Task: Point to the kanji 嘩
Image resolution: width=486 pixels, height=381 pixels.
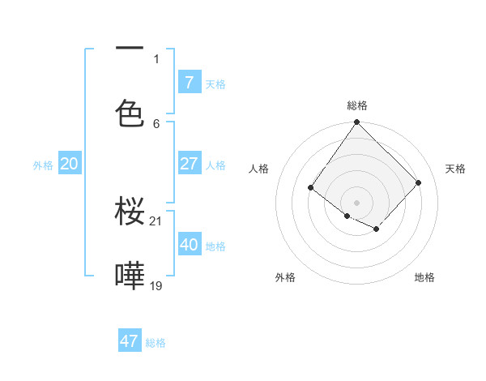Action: coord(130,276)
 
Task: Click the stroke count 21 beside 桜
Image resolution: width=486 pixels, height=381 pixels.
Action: coord(156,220)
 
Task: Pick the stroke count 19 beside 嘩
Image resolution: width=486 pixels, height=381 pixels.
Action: coord(156,285)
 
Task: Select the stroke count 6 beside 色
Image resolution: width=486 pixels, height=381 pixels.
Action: coord(156,123)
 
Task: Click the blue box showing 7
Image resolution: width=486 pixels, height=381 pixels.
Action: coord(189,82)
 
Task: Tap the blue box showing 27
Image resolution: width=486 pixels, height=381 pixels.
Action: coord(189,164)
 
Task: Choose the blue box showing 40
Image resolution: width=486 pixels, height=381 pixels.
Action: coord(189,244)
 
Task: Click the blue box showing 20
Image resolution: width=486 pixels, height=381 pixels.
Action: coord(69,164)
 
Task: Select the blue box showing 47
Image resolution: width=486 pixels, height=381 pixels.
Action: coord(129,341)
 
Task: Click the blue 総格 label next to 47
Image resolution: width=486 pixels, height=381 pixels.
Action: coord(156,343)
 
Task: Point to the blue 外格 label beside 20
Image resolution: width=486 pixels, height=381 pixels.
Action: coord(43,165)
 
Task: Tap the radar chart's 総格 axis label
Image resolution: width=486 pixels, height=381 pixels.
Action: coord(357,105)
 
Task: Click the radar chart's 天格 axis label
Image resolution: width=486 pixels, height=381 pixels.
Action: coord(455,169)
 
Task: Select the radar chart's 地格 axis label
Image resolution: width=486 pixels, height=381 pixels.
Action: coord(424,277)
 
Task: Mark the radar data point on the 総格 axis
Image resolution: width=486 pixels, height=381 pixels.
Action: coord(356,122)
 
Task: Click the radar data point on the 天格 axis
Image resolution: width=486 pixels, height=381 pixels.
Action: coord(419,182)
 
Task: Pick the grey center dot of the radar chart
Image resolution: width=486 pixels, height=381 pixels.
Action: coord(356,203)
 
